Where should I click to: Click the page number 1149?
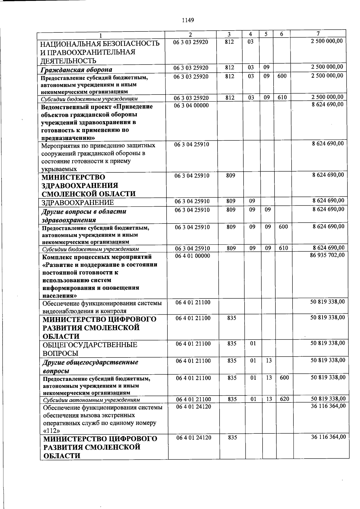pyautogui.click(x=188, y=20)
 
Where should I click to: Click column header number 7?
pyautogui.click(x=318, y=34)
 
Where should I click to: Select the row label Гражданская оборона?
pyautogui.click(x=76, y=70)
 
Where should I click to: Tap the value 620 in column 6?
pyautogui.click(x=284, y=399)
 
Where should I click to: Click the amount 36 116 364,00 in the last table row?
pyautogui.click(x=328, y=437)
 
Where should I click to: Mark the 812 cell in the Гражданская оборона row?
pyautogui.click(x=230, y=68)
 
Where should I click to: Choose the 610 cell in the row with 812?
pyautogui.click(x=282, y=97)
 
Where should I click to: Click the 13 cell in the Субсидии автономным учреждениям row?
pyautogui.click(x=269, y=399)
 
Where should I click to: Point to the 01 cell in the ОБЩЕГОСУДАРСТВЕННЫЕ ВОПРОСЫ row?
pyautogui.click(x=253, y=343)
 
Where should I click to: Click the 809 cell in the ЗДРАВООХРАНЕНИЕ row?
pyautogui.click(x=231, y=201)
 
